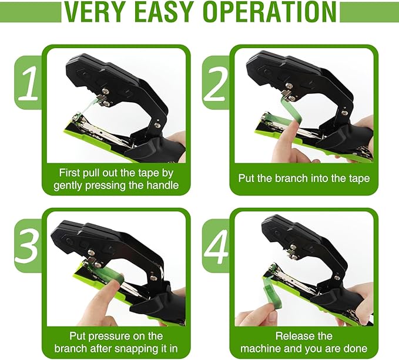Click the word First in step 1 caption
(x=72, y=173)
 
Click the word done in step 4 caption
(x=354, y=348)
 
